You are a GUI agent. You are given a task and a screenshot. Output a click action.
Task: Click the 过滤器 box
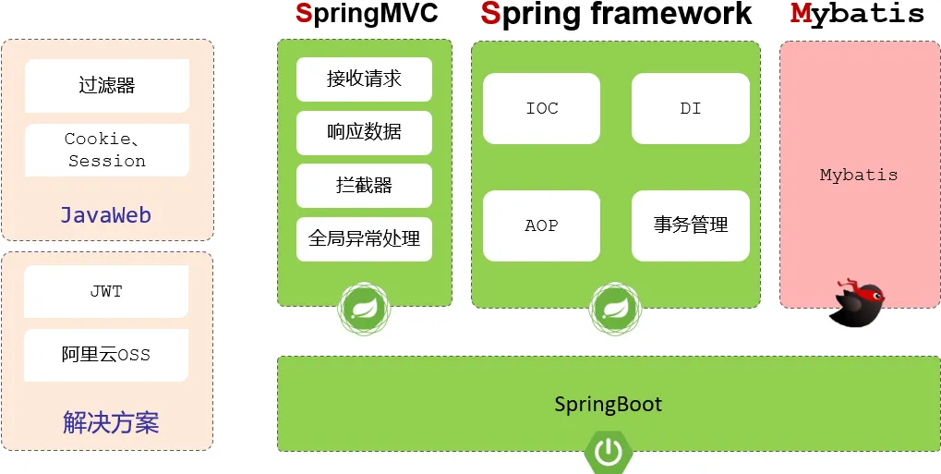[107, 86]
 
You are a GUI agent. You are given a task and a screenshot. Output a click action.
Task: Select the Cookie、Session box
[107, 150]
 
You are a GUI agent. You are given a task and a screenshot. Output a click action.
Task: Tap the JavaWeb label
[106, 215]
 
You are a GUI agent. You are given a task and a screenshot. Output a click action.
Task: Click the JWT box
[106, 292]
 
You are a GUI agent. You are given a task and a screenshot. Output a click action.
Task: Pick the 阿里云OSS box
[106, 355]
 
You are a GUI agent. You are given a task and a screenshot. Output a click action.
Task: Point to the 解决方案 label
[111, 423]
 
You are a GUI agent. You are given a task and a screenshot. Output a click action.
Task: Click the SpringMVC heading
[367, 14]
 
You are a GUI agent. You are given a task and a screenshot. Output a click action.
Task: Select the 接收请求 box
[364, 79]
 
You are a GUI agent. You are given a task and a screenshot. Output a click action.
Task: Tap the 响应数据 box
[364, 132]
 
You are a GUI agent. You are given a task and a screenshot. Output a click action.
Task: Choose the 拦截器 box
[364, 186]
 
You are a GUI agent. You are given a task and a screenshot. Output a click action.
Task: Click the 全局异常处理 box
[364, 239]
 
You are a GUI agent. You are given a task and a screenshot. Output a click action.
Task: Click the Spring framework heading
[616, 14]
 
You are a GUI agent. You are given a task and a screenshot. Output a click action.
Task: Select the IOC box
[542, 109]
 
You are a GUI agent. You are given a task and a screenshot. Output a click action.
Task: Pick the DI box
[691, 109]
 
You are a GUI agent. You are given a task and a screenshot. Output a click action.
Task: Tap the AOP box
[542, 226]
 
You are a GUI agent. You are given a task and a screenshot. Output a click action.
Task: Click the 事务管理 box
[691, 225]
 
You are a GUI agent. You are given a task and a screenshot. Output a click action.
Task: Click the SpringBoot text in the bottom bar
[609, 405]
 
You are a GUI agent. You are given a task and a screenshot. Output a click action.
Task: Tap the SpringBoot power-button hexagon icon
[608, 452]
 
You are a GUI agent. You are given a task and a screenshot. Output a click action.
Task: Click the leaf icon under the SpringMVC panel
[364, 308]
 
